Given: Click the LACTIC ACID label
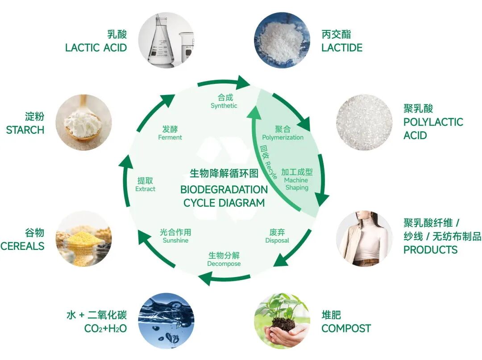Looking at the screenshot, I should click(x=96, y=48).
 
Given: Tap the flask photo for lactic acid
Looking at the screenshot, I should click(x=166, y=40).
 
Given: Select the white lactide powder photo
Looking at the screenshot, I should click(x=282, y=40).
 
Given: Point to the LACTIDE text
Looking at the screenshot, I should click(x=342, y=48).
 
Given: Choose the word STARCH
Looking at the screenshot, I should click(x=25, y=130).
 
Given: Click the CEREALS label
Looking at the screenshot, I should click(x=22, y=246).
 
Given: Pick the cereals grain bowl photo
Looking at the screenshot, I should click(x=83, y=239).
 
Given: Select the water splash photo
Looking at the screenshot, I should click(x=166, y=320).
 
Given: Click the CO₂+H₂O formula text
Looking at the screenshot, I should click(x=105, y=329).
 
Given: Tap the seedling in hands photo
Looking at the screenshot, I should click(x=282, y=320).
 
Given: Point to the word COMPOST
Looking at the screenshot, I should click(x=346, y=329).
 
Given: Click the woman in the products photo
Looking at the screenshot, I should click(x=364, y=239).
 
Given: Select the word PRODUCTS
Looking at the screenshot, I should click(x=430, y=250).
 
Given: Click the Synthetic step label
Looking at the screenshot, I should click(x=224, y=106).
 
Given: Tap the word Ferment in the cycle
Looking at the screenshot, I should click(x=170, y=137).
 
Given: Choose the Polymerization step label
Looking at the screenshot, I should click(x=283, y=137).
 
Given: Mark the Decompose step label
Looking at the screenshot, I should click(x=224, y=264).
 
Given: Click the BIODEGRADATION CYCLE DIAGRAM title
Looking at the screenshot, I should click(x=224, y=196).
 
